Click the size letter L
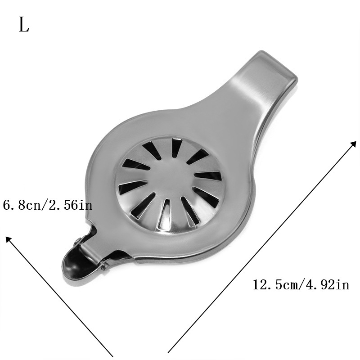pyautogui.click(x=24, y=25)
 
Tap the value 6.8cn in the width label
pyautogui.click(x=21, y=205)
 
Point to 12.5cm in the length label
pyautogui.click(x=275, y=285)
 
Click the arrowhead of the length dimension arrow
pyautogui.click(x=353, y=144)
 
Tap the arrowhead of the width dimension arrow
pyautogui.click(x=9, y=239)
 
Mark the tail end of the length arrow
pyautogui.click(x=168, y=352)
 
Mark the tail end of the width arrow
pyautogui.click(x=112, y=356)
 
